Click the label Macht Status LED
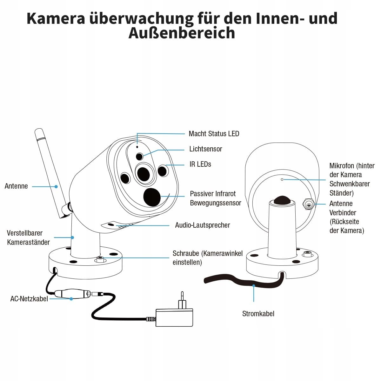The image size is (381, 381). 214,134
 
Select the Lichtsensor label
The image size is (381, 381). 205,149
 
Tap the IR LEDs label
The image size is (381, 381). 200,164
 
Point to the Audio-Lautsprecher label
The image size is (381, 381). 202,225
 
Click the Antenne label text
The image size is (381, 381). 16,186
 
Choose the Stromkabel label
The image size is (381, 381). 258,314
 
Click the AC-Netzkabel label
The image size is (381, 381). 29,299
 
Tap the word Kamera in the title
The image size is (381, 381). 56,18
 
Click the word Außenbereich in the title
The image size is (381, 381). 182,33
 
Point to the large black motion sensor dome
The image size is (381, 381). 152,197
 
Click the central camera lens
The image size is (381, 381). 143,173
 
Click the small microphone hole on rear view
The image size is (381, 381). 282,180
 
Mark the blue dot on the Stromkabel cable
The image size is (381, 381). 254,286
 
